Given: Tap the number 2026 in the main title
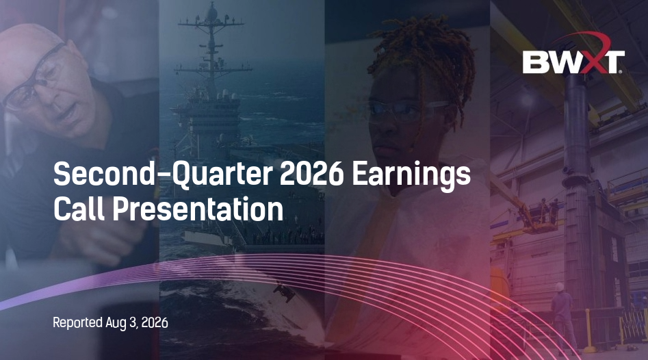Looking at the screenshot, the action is click(311, 174).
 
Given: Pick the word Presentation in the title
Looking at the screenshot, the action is click(198, 209).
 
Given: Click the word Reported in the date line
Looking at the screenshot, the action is click(78, 323).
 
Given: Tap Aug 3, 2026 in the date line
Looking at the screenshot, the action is click(137, 322).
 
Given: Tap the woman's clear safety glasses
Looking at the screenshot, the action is click(407, 111).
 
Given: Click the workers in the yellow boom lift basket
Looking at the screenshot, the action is click(547, 211).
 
